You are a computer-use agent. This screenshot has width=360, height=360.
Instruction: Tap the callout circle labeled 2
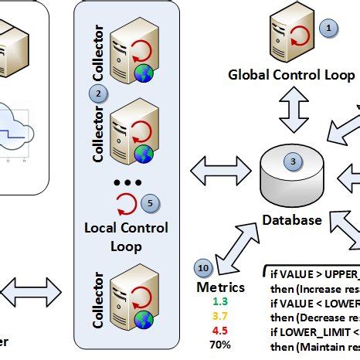tap(97, 93)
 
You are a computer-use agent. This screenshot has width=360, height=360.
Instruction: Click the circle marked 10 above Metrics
tap(204, 268)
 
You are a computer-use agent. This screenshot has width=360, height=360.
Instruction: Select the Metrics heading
tap(221, 287)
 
